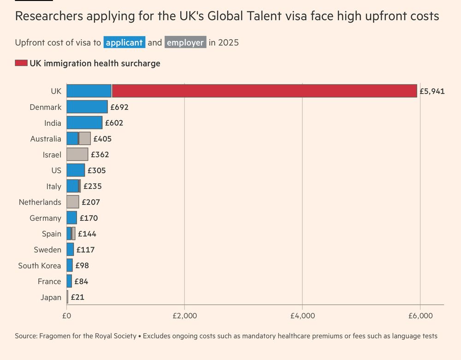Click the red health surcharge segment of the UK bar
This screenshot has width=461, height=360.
[x=264, y=91]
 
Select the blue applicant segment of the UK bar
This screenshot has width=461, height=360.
[x=89, y=91]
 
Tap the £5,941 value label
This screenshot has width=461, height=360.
[x=432, y=91]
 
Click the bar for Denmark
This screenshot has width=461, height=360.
[x=87, y=107]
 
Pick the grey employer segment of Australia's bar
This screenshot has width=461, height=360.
[x=85, y=139]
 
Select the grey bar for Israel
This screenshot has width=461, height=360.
[x=77, y=154]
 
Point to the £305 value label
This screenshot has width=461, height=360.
[x=96, y=171]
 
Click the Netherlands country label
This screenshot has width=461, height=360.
[x=40, y=202]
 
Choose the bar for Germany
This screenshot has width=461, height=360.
[x=71, y=218]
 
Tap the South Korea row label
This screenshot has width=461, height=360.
[x=39, y=266]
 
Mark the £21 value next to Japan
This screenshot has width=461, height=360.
[x=77, y=297]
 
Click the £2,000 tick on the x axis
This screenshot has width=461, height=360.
[x=184, y=316]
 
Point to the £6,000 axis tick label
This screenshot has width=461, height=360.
[x=420, y=316]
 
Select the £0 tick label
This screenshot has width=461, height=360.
[x=66, y=316]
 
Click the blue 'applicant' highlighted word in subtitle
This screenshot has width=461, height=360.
[x=124, y=42]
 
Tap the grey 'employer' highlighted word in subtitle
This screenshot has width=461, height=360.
[x=185, y=42]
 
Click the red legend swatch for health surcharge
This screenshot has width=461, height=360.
[x=21, y=63]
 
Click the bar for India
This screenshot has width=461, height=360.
[x=84, y=123]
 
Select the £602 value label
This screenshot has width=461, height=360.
[x=114, y=123]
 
